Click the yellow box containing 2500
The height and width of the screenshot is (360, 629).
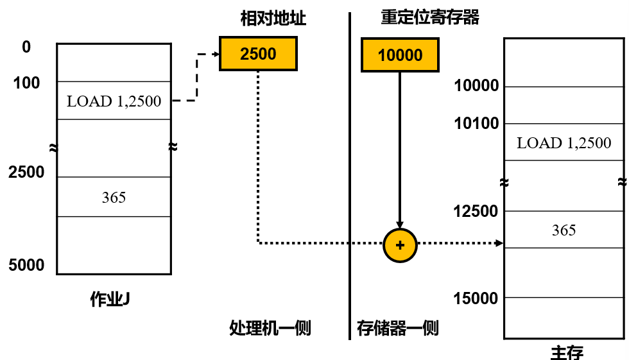click(258, 54)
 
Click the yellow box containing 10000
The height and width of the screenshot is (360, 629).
click(400, 55)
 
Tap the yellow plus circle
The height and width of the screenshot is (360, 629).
click(400, 244)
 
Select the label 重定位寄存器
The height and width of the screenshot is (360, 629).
click(430, 17)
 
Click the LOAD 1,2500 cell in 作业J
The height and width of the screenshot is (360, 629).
click(114, 101)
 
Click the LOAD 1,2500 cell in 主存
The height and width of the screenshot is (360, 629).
click(564, 142)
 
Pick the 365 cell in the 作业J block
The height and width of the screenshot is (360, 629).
click(114, 197)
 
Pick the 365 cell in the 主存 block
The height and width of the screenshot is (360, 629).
click(564, 230)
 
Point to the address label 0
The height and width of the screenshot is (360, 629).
click(26, 47)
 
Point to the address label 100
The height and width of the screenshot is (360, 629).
click(26, 83)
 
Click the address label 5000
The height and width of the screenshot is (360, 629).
click(26, 265)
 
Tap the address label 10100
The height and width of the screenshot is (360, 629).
click(476, 123)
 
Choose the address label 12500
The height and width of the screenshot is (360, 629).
click(476, 211)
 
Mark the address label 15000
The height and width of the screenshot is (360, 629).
click(476, 298)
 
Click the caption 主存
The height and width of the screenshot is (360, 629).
click(567, 352)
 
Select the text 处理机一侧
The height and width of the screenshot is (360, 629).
click(270, 329)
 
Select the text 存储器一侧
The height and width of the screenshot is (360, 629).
click(398, 329)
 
